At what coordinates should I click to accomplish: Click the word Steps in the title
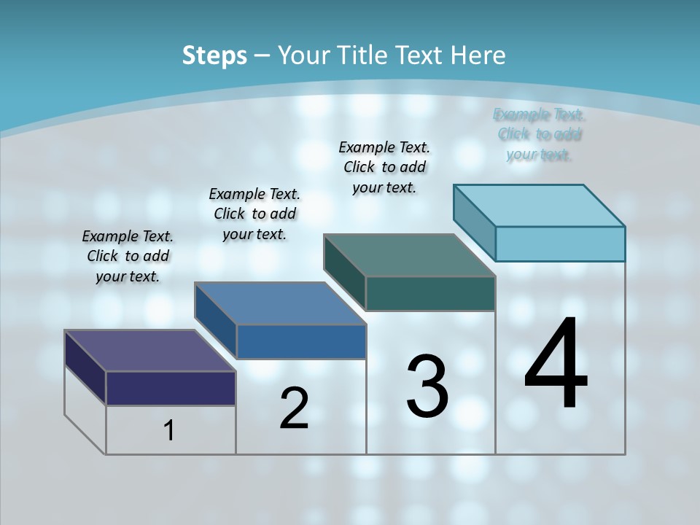214,55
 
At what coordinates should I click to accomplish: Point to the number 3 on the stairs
427,386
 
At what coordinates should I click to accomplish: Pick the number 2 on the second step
294,408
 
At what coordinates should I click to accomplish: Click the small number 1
169,430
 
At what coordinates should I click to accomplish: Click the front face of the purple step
171,388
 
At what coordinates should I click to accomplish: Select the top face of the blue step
280,303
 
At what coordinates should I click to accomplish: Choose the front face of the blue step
301,341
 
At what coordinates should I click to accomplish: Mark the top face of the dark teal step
409,255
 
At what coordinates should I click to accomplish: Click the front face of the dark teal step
430,293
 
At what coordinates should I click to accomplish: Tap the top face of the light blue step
539,206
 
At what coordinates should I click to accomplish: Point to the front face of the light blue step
560,244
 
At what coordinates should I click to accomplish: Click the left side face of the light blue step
474,222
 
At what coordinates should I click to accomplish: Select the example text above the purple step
128,256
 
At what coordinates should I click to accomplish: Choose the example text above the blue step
254,214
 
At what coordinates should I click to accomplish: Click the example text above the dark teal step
384,167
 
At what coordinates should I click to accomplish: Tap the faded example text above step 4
540,134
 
